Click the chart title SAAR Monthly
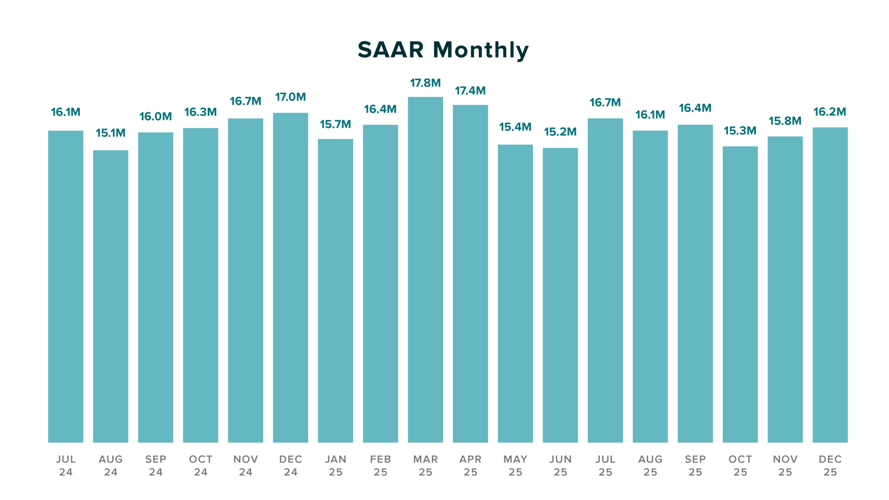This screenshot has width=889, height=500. click(443, 50)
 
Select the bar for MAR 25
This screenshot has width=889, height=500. click(425, 269)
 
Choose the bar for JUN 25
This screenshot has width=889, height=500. click(560, 295)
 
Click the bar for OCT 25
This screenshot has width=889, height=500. click(740, 294)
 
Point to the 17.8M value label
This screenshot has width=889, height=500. click(425, 83)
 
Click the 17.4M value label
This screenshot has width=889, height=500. click(470, 91)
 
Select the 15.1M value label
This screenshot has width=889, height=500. click(110, 134)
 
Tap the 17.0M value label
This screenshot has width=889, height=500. click(290, 97)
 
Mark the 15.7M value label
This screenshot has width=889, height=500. click(335, 124)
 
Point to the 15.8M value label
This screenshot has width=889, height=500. click(785, 122)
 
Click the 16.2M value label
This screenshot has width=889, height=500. click(830, 112)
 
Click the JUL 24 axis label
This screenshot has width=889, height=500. click(65, 466)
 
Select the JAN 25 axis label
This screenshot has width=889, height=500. click(335, 466)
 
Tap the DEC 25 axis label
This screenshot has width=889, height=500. click(830, 466)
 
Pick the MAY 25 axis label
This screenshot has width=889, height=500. click(515, 466)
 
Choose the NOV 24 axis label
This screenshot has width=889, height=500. click(245, 466)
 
